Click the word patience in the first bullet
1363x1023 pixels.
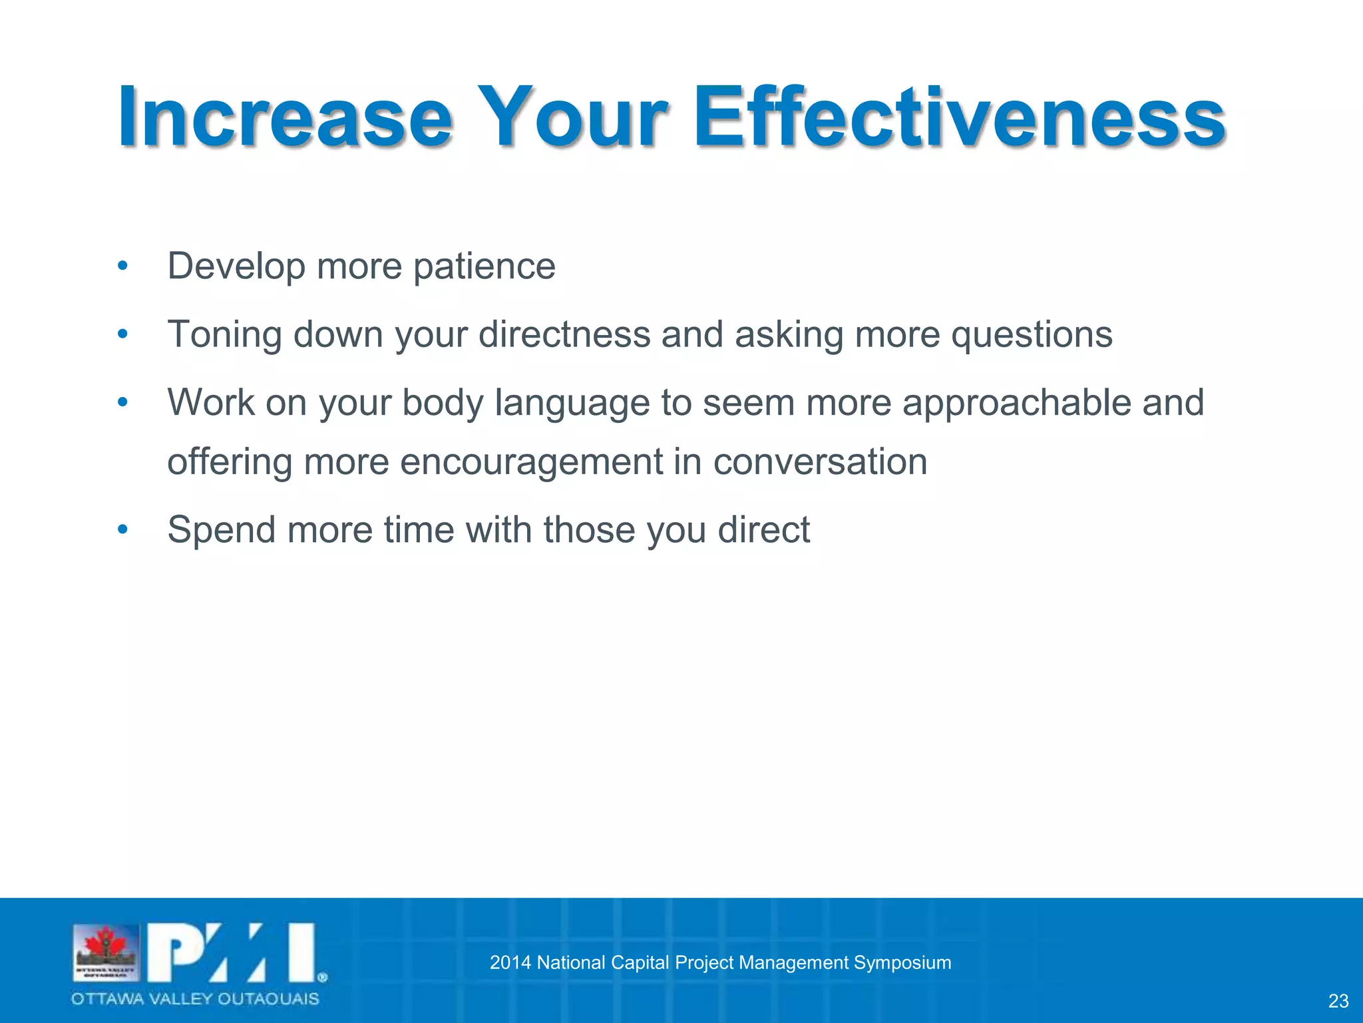click(484, 266)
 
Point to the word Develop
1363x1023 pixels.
click(236, 266)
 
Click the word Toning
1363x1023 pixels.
click(224, 334)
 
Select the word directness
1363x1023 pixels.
click(564, 334)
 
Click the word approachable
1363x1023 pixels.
click(1016, 403)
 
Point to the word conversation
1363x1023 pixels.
click(820, 462)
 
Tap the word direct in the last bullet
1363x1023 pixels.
click(763, 530)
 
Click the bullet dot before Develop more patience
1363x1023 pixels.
click(122, 266)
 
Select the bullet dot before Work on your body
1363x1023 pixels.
click(122, 403)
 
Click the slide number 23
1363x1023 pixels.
click(1338, 1001)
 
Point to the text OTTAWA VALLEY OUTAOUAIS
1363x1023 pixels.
click(196, 999)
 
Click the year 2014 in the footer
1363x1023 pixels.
click(510, 963)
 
